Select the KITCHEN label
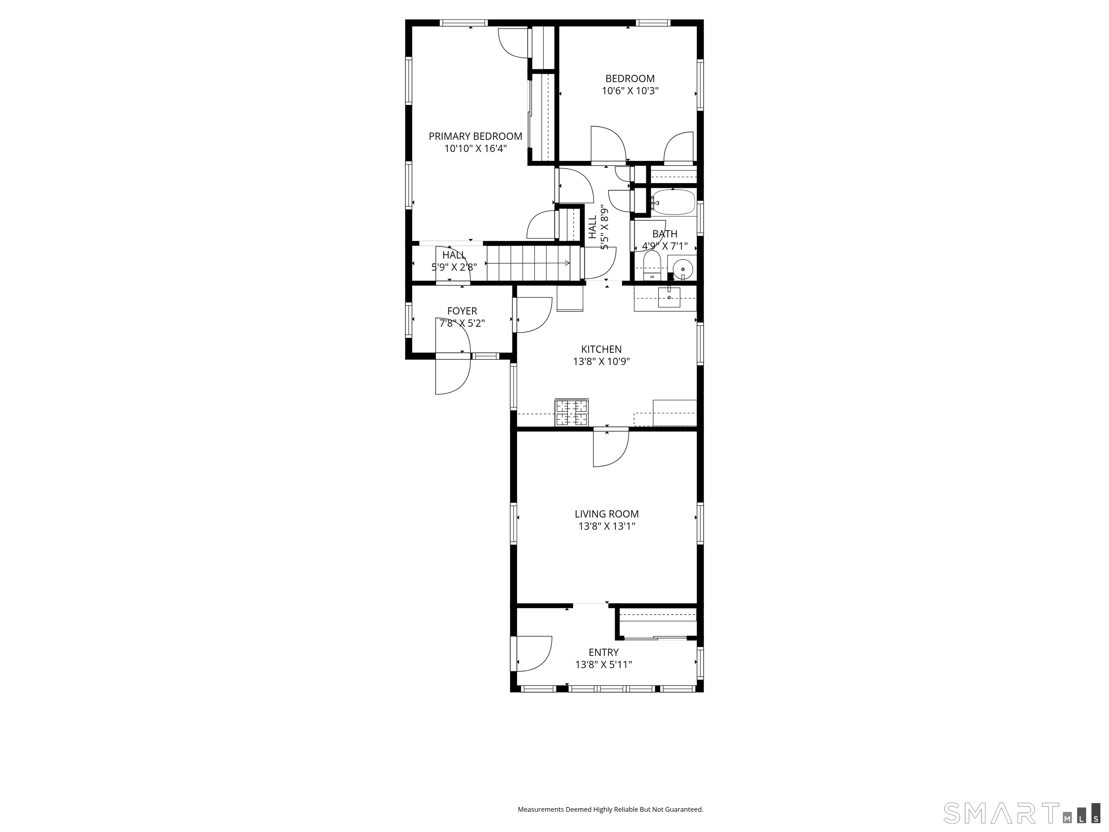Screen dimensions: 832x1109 click(601, 349)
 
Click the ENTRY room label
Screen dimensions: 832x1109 click(604, 652)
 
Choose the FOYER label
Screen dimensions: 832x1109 click(462, 311)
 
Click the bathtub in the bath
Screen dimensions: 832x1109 click(673, 203)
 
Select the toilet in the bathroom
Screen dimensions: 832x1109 click(652, 264)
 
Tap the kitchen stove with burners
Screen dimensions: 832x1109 click(571, 412)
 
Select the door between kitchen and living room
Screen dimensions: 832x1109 click(610, 448)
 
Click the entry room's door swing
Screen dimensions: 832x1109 click(534, 653)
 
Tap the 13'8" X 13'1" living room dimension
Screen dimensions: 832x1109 click(606, 526)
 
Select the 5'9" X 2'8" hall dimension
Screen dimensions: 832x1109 click(454, 267)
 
